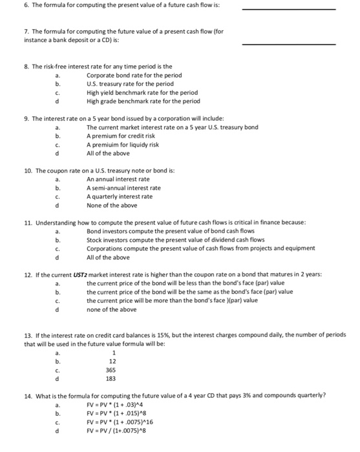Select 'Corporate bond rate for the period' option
click(x=134, y=76)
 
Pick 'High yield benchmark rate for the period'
click(x=142, y=92)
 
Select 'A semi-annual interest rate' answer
click(x=123, y=188)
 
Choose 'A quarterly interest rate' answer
click(x=120, y=196)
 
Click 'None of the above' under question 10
click(x=112, y=205)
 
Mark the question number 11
click(x=28, y=222)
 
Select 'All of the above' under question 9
click(x=108, y=153)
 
